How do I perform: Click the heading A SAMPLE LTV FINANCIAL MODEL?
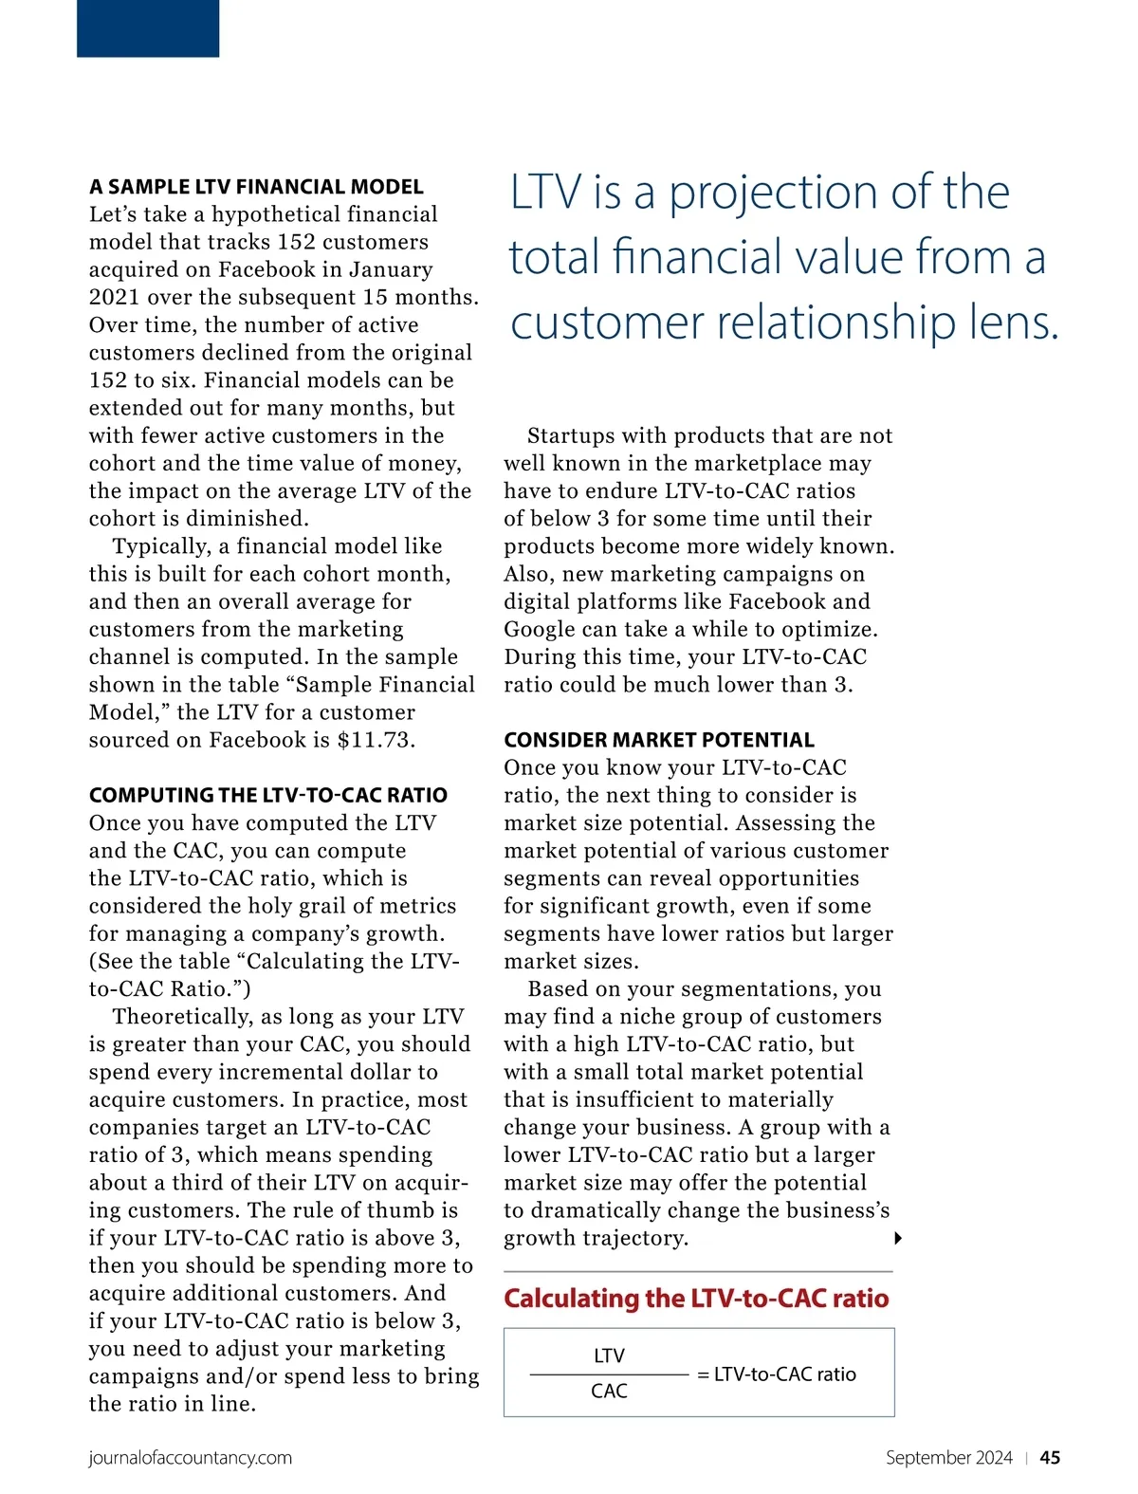point(256,187)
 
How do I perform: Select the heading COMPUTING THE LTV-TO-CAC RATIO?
point(267,795)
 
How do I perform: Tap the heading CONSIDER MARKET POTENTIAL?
point(658,740)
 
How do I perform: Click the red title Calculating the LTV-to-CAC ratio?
point(696,1298)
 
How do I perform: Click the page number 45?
point(1050,1457)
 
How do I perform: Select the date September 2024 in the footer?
point(948,1457)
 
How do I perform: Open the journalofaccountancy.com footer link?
point(190,1457)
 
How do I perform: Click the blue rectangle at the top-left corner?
point(148,28)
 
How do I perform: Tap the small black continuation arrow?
point(897,1238)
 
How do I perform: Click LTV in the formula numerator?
point(609,1356)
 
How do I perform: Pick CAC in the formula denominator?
point(609,1391)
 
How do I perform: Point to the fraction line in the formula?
point(609,1374)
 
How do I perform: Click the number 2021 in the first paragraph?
point(114,297)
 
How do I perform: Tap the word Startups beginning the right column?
point(575,435)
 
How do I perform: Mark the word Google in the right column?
point(538,629)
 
